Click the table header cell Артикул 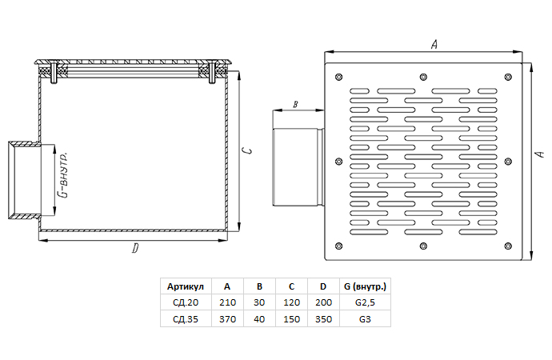186,286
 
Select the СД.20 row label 186,302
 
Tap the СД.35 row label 186,318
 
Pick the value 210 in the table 227,302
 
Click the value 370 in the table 227,318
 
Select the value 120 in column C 291,302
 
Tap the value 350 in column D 322,318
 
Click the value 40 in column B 259,318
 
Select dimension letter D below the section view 135,250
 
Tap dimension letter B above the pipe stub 295,105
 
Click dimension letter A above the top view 434,46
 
